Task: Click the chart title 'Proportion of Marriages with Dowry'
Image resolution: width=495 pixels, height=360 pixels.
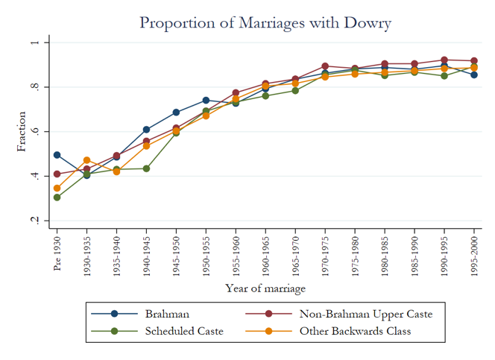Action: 265,22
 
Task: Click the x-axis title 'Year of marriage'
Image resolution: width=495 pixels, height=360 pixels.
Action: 265,288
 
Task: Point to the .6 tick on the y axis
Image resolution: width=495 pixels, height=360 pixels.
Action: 34,132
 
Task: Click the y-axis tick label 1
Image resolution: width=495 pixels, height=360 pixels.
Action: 34,42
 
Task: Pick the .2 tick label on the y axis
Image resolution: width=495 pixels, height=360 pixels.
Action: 34,221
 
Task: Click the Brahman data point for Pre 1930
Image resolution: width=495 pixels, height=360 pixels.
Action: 57,155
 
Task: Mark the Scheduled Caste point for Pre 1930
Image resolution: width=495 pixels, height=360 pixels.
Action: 57,198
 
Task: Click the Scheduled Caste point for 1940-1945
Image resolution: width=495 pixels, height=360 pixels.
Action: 146,168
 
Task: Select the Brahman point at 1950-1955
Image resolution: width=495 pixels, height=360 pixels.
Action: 206,100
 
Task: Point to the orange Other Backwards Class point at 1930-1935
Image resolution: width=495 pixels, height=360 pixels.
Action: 86,160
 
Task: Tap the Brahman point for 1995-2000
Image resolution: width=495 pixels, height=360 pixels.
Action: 474,75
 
